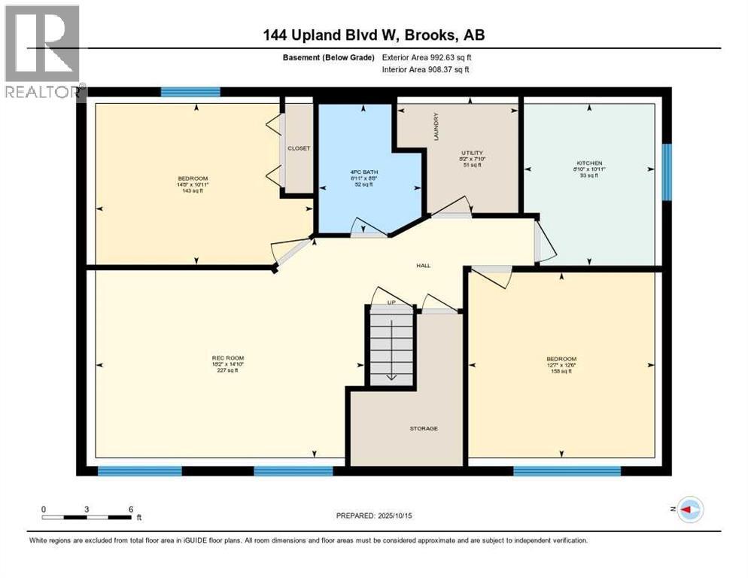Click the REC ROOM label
(227, 357)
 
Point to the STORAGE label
(424, 428)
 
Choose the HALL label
(424, 266)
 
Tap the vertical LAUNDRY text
(436, 126)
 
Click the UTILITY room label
(473, 153)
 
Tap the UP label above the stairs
(391, 303)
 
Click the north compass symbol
(689, 509)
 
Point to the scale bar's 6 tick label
(131, 509)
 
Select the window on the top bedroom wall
(190, 92)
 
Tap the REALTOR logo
(44, 51)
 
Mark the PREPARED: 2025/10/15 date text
(374, 516)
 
